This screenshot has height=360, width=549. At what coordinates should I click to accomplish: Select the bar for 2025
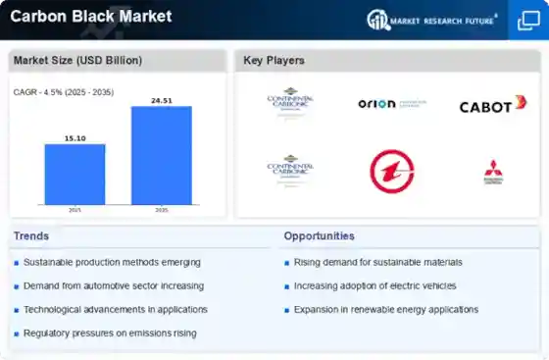pyautogui.click(x=75, y=174)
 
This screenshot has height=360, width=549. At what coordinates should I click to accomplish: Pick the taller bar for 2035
pyautogui.click(x=162, y=155)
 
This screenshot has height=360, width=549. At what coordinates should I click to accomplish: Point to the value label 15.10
pyautogui.click(x=75, y=137)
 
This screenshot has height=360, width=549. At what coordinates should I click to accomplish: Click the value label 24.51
pyautogui.click(x=162, y=99)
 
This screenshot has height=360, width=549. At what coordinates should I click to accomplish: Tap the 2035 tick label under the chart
pyautogui.click(x=162, y=210)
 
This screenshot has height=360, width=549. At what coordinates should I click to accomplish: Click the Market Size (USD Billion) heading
pyautogui.click(x=77, y=61)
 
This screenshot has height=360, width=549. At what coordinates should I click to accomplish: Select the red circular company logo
pyautogui.click(x=392, y=171)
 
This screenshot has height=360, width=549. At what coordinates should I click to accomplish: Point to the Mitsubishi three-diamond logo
pyautogui.click(x=492, y=171)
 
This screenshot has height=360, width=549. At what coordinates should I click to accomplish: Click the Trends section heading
pyautogui.click(x=31, y=236)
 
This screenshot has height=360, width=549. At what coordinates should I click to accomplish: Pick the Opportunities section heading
pyautogui.click(x=320, y=236)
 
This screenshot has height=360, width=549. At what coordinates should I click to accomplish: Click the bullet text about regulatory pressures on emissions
pyautogui.click(x=110, y=334)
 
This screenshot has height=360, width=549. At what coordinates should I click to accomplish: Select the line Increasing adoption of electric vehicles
pyautogui.click(x=376, y=286)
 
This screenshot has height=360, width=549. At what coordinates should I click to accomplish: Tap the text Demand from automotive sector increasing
pyautogui.click(x=114, y=286)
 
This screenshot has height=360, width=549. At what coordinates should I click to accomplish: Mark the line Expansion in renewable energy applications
pyautogui.click(x=386, y=310)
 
